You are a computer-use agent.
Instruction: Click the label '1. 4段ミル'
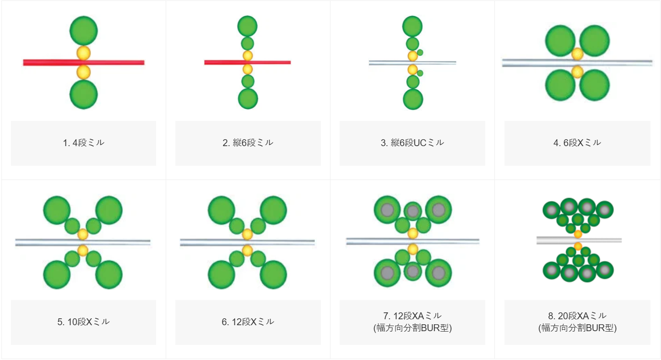[x=83, y=143]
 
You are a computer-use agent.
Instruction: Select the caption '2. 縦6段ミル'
[x=248, y=143]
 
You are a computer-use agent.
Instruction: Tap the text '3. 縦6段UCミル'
[x=412, y=143]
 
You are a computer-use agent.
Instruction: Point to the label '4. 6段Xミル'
[x=577, y=143]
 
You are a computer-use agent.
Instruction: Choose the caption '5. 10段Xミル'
[x=83, y=322]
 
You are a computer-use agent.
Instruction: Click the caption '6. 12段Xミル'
[x=248, y=322]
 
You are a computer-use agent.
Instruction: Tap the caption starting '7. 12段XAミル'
[x=412, y=322]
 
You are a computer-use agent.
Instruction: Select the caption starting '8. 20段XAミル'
[x=577, y=322]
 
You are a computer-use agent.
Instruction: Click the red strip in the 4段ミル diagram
[x=84, y=63]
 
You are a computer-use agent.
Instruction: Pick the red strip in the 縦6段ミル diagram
[x=248, y=62]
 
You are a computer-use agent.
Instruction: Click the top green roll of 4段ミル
[x=83, y=31]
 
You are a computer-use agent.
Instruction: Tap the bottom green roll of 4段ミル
[x=83, y=94]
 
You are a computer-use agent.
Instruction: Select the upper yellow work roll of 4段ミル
[x=83, y=53]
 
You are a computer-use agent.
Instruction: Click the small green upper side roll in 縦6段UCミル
[x=420, y=53]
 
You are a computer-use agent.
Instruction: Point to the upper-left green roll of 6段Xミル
[x=560, y=41]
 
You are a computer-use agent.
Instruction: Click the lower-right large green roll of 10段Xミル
[x=109, y=275]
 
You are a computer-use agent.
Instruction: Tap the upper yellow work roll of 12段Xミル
[x=247, y=235]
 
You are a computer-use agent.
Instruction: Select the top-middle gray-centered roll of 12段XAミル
[x=412, y=211]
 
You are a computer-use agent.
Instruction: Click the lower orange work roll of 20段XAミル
[x=578, y=246]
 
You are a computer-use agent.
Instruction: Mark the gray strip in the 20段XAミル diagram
[x=579, y=240]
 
